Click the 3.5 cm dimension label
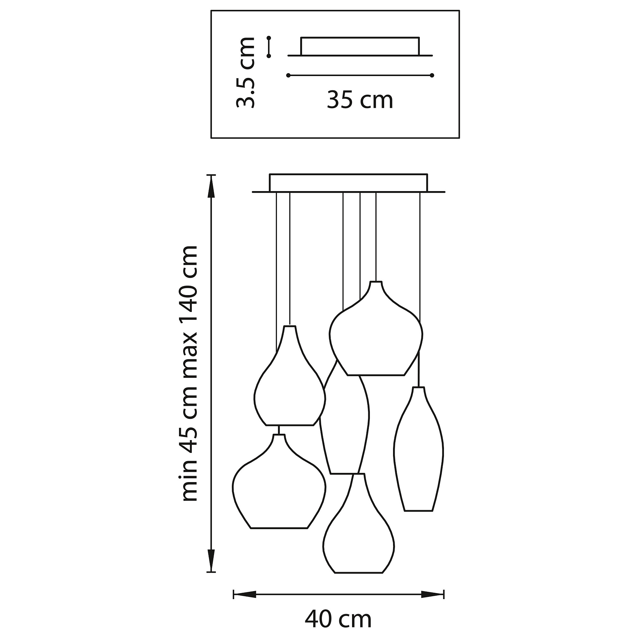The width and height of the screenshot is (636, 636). click(245, 73)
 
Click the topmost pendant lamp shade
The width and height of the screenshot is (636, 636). click(376, 328)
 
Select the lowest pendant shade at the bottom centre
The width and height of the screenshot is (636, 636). click(358, 523)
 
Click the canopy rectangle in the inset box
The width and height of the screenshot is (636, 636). click(360, 46)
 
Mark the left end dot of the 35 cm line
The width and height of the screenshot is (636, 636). click(288, 75)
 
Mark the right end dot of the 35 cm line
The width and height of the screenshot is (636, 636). click(432, 75)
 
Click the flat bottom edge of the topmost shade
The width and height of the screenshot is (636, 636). click(376, 375)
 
